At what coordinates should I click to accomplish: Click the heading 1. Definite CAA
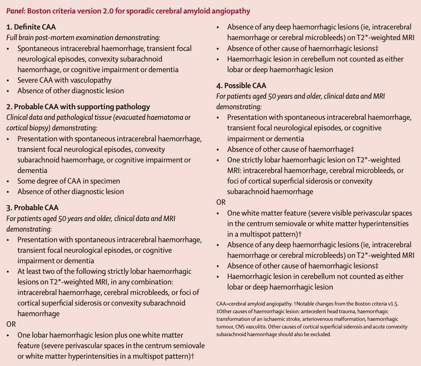click(31, 27)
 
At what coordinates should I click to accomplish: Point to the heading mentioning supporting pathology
click(78, 107)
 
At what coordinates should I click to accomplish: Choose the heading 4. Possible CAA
click(241, 86)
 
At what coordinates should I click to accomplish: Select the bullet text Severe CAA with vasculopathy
click(64, 80)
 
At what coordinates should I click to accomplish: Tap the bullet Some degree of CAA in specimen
click(68, 181)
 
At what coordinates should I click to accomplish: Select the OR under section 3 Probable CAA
click(11, 324)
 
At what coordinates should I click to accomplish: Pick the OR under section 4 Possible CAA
click(221, 202)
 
